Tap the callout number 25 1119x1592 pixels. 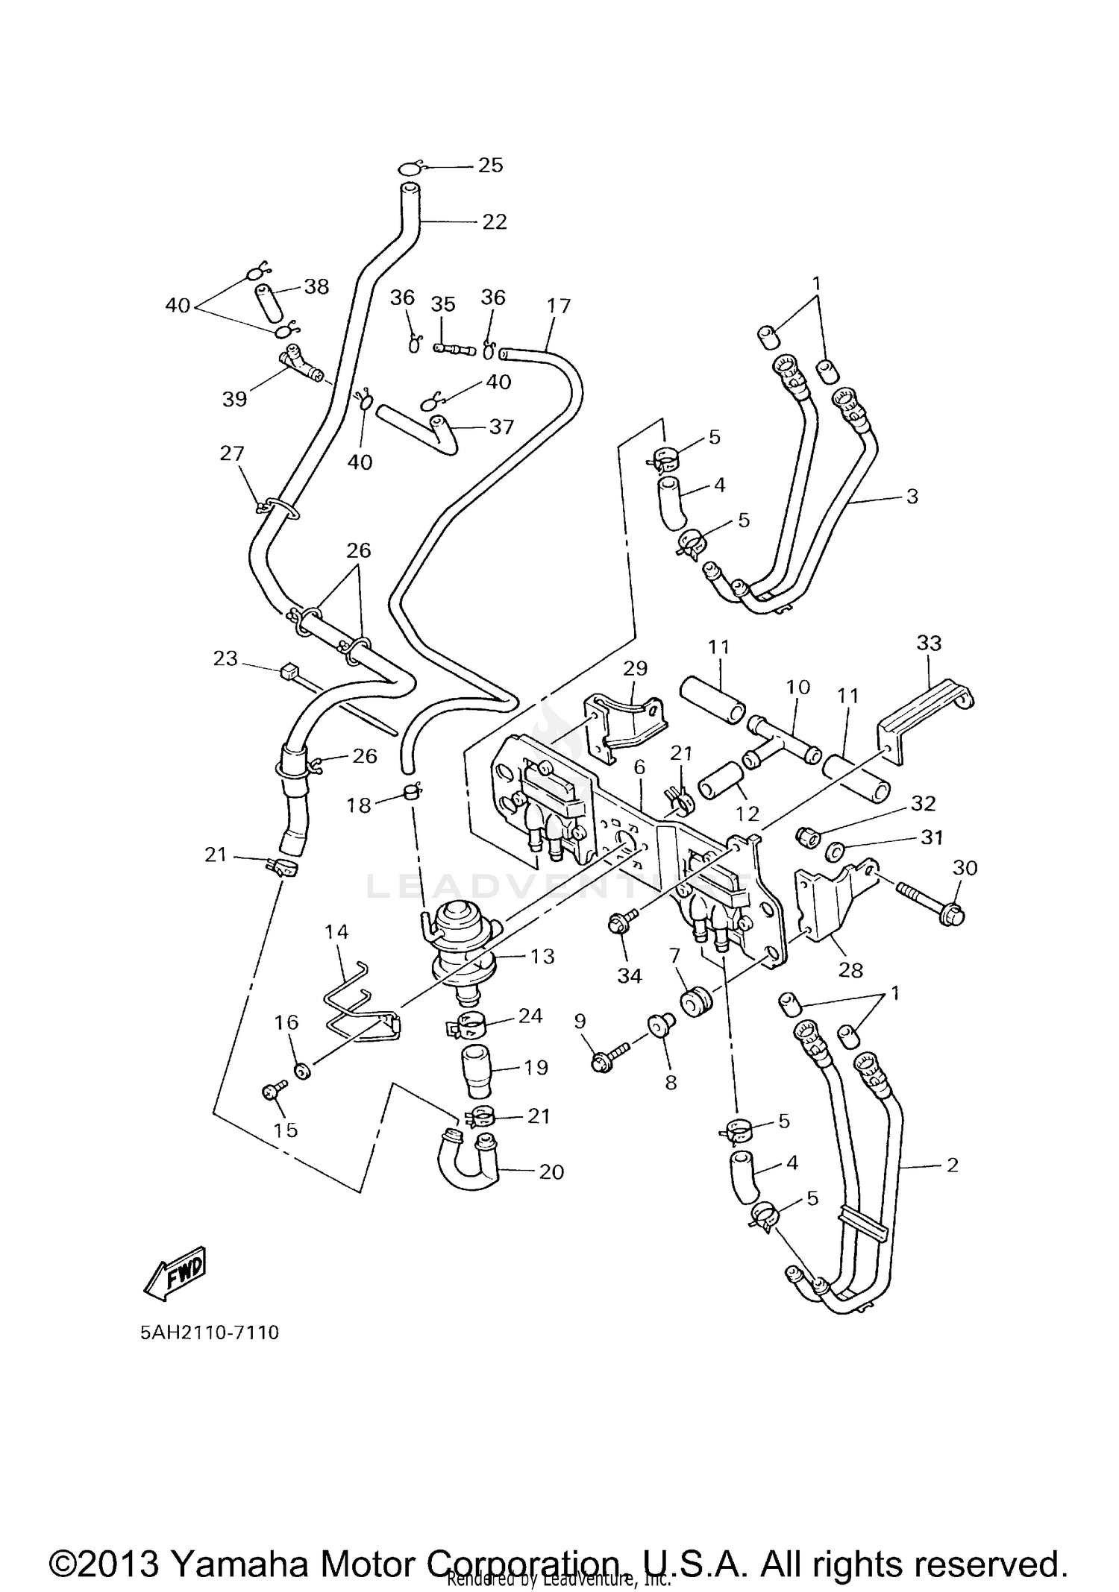[490, 165]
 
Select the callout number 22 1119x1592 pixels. [494, 221]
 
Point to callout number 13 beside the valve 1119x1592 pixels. [542, 956]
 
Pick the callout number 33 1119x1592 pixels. [929, 643]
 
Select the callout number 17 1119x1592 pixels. [558, 306]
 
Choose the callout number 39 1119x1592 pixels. [234, 400]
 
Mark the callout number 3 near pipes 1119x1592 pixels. [912, 496]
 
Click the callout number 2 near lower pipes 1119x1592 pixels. [951, 1165]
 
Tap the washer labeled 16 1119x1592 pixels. [302, 1072]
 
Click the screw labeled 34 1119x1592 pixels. [618, 925]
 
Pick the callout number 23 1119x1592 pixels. [225, 658]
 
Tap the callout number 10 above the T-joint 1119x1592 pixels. [797, 687]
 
